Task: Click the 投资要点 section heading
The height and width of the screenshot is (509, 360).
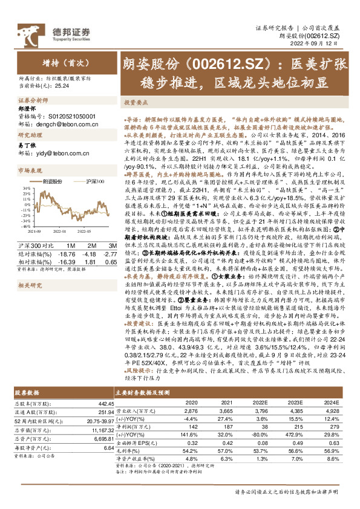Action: (137, 103)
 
